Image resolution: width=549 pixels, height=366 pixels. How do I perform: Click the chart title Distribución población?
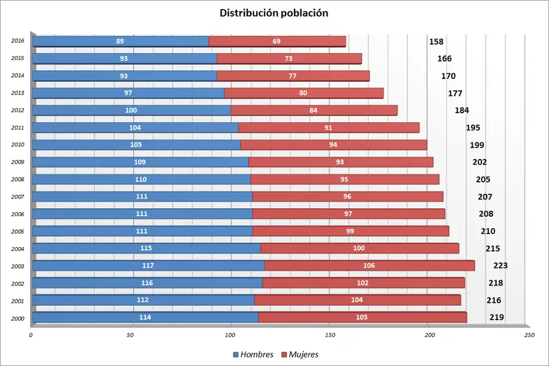click(274, 13)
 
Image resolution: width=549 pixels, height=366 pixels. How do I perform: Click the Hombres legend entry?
click(253, 355)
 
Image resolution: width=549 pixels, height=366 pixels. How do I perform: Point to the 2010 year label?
click(18, 145)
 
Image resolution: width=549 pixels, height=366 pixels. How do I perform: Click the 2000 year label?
click(18, 317)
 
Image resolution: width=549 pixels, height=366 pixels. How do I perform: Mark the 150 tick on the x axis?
click(330, 335)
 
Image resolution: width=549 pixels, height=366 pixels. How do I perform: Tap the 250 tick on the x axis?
click(530, 335)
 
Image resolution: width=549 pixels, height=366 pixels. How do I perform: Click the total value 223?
click(500, 265)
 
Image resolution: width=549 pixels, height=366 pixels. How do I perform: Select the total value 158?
click(436, 42)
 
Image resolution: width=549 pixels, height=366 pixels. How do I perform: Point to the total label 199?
click(477, 145)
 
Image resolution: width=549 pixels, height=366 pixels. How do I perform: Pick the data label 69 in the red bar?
click(277, 41)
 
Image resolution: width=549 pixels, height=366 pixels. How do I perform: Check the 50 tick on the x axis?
click(131, 335)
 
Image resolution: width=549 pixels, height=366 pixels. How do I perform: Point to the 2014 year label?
click(18, 75)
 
